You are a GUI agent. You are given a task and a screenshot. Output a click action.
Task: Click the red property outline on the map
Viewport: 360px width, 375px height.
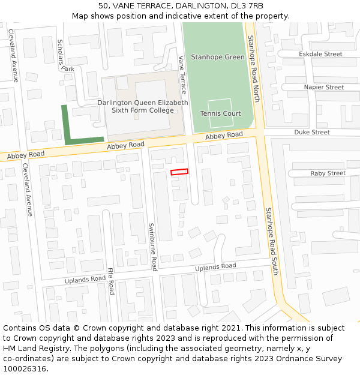point(179,172)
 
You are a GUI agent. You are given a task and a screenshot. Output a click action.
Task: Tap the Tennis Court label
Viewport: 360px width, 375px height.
point(220,113)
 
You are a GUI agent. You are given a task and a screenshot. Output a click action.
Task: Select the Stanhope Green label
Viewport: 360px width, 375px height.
point(217,57)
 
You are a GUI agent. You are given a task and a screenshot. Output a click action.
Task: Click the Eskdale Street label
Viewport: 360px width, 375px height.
point(320,54)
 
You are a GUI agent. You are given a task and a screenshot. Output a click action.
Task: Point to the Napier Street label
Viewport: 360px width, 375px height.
point(323,87)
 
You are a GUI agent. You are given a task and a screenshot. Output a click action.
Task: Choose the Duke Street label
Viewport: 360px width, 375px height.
point(311,132)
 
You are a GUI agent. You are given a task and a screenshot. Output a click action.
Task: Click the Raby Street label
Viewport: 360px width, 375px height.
point(328,173)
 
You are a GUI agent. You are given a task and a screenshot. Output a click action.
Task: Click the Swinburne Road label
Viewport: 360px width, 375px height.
point(152,247)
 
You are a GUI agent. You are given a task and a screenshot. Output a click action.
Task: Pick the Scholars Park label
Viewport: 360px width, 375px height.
point(65,56)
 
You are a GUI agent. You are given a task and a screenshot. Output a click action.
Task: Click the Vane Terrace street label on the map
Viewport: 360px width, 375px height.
point(183,75)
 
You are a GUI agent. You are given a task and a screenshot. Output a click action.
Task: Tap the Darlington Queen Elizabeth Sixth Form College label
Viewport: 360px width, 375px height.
point(143,107)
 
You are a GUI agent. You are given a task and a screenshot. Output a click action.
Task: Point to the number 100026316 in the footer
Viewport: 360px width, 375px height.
point(25,368)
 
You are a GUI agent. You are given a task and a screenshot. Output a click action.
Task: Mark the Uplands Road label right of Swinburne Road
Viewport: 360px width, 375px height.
point(215,266)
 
